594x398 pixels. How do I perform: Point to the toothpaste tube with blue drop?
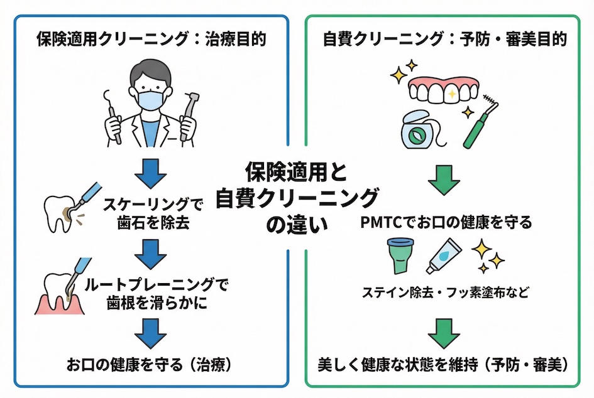pos(446,258)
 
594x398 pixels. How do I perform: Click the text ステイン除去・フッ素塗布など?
pos(446,292)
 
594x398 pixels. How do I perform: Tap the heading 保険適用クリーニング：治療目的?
pos(151,40)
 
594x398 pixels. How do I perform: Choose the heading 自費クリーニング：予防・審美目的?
pos(446,40)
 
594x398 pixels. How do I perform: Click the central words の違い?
pos(297,224)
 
